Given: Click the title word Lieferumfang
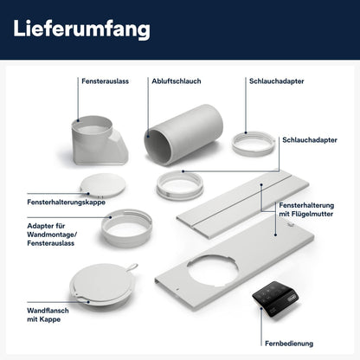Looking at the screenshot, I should (x=82, y=29).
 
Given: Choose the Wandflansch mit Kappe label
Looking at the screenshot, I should (x=34, y=310).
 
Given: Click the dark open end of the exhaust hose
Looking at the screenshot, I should (x=160, y=146).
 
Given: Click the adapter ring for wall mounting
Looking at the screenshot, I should (x=126, y=228).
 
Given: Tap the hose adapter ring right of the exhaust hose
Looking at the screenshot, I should (x=254, y=140).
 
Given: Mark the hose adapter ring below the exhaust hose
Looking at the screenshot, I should (x=179, y=184).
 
